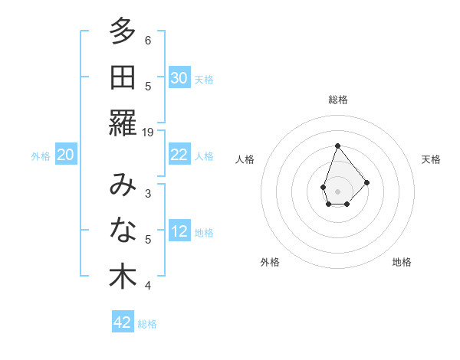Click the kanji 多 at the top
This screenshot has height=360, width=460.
coord(123,33)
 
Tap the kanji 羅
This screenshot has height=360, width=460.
coord(123,123)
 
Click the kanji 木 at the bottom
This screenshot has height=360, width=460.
coord(123,277)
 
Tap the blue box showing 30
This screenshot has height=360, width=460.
coord(179,78)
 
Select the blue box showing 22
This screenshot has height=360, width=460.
coord(179,155)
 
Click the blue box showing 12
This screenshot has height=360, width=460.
coord(179,232)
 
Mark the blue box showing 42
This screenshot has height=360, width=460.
coord(123,322)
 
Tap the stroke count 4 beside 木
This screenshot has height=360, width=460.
coord(148,286)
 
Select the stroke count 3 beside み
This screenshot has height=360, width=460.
coord(148,194)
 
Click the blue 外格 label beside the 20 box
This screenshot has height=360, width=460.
coord(41,156)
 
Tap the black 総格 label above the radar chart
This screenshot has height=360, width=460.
coord(337,100)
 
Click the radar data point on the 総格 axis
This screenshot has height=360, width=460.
coord(337,146)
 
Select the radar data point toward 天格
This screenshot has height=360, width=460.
coord(367,182)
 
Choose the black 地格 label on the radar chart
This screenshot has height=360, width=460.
coord(402,263)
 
